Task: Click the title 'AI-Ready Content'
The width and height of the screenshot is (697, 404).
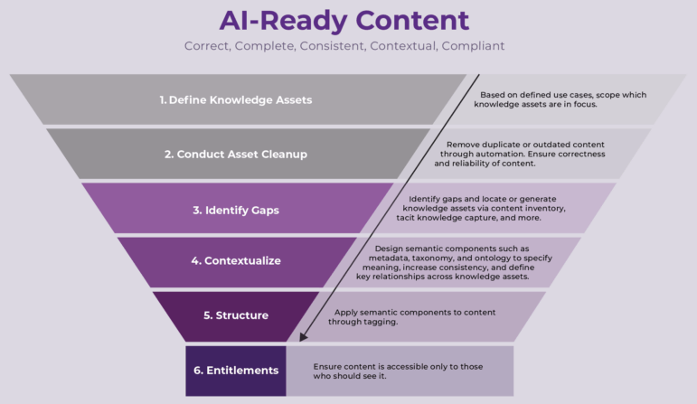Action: click(344, 20)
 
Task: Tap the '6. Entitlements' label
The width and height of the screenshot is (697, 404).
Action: click(235, 371)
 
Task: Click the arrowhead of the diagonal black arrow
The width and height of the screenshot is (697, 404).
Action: click(304, 336)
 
